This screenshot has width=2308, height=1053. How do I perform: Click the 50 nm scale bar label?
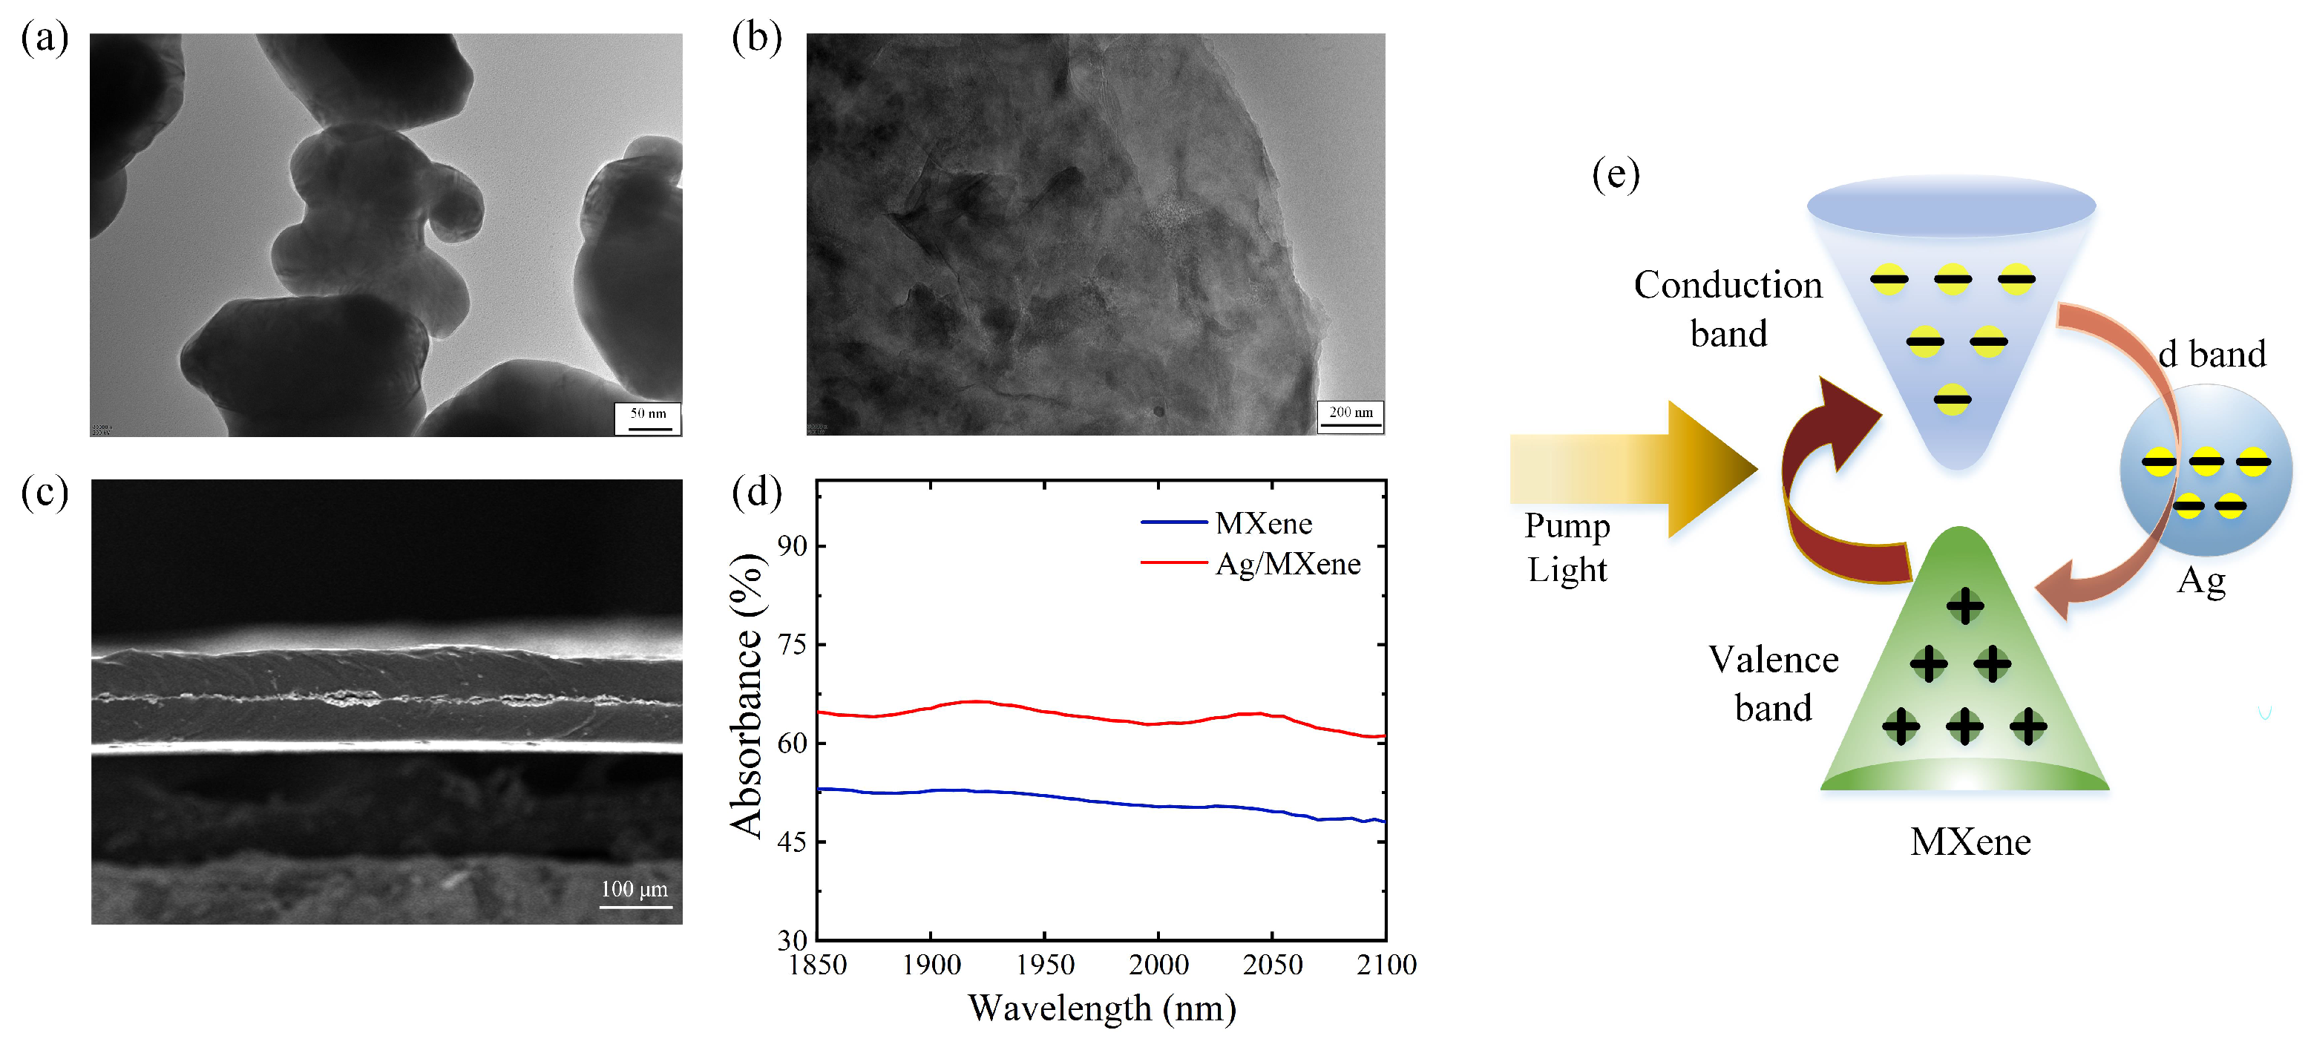tap(648, 413)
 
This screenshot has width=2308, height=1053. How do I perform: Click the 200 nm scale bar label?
tap(1350, 413)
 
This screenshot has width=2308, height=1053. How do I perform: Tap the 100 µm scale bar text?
tap(635, 888)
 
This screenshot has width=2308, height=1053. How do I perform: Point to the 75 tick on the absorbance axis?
tap(792, 644)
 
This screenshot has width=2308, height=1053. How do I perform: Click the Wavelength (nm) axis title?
tap(1101, 1008)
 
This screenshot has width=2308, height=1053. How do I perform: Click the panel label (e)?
tap(1615, 174)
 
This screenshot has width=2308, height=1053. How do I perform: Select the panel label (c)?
tap(44, 492)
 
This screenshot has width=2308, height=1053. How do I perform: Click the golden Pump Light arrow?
tap(1630, 469)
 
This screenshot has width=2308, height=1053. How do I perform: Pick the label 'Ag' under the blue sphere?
tap(2200, 582)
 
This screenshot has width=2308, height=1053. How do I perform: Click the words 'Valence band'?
tap(1772, 683)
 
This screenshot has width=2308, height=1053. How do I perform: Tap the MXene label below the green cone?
tap(1970, 842)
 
